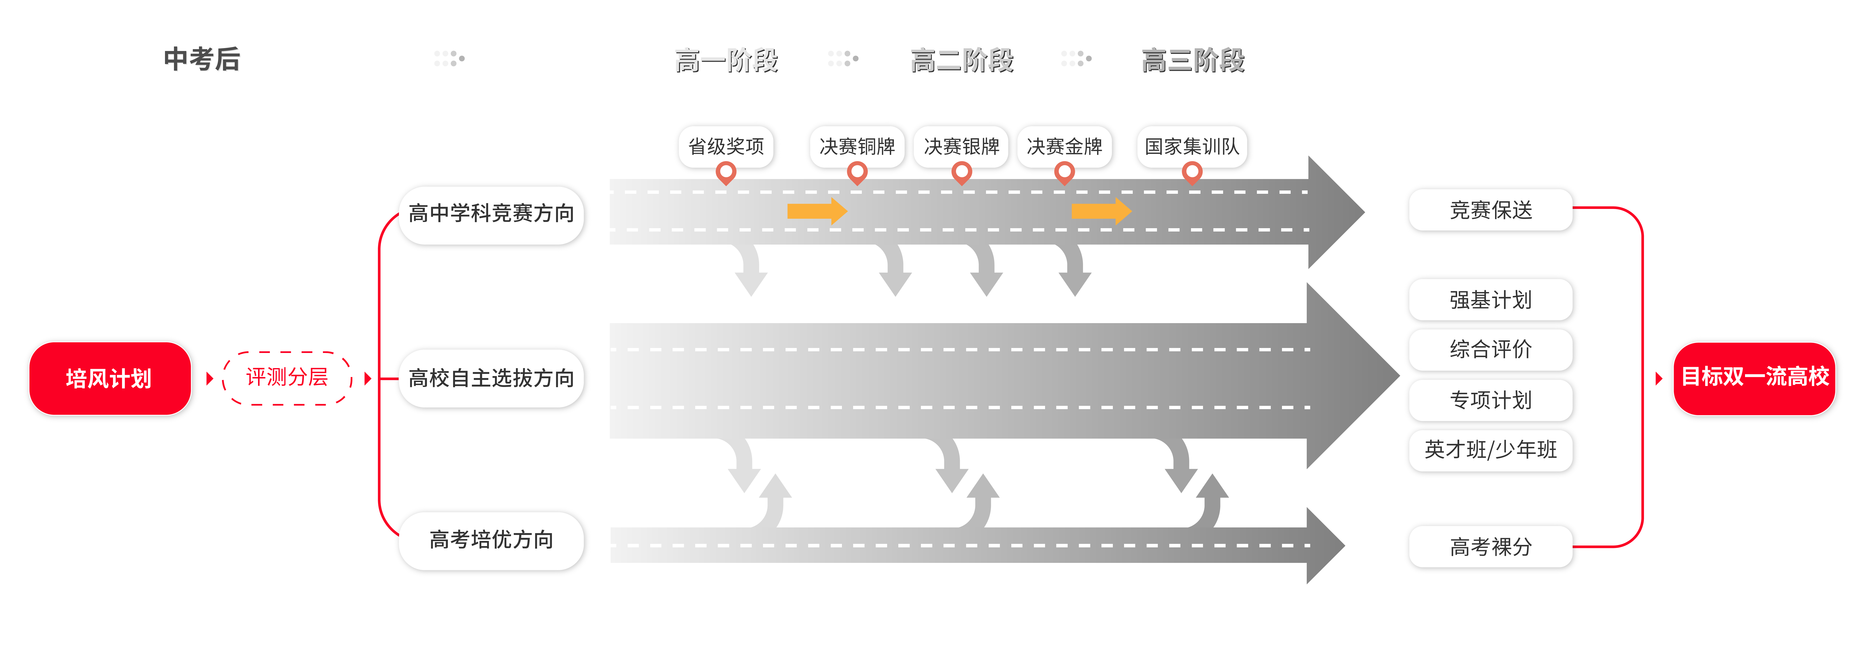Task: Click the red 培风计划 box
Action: click(x=110, y=378)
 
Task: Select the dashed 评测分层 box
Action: click(x=287, y=377)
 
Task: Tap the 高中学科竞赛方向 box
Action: click(x=491, y=214)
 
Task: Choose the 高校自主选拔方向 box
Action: click(x=491, y=378)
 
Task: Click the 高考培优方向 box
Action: click(x=491, y=540)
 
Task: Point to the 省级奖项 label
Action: click(x=726, y=147)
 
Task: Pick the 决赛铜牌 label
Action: click(x=857, y=147)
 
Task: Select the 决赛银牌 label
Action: click(x=961, y=147)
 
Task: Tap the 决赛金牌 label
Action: click(x=1064, y=147)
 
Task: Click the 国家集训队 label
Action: click(x=1192, y=147)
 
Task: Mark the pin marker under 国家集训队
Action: click(x=1192, y=173)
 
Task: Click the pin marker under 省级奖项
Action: click(x=726, y=173)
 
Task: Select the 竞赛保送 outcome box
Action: click(x=1491, y=210)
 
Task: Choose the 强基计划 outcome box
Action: click(x=1491, y=300)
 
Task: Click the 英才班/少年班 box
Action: click(x=1491, y=450)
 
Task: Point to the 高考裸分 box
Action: click(x=1491, y=546)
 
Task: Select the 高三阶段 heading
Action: click(x=1193, y=60)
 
